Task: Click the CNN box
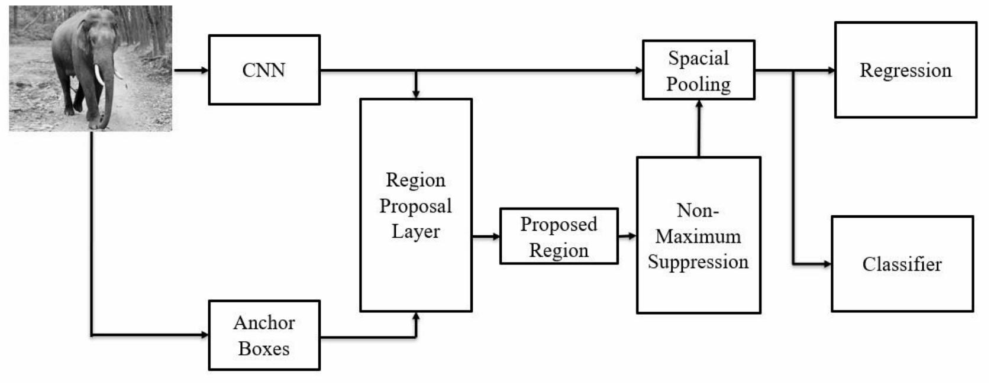coord(264,70)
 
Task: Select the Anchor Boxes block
coord(264,335)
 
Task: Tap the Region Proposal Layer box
coord(415,205)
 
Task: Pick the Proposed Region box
coord(559,237)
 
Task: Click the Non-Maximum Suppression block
coord(698,235)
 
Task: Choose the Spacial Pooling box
coord(698,70)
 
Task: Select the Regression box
coord(905,70)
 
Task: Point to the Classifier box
coord(902,264)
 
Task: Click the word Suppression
coord(698,261)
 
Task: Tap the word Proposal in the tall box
coord(415,206)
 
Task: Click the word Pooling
coord(698,84)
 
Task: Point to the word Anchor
coord(264,322)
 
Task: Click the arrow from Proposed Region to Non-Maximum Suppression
coord(627,236)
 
